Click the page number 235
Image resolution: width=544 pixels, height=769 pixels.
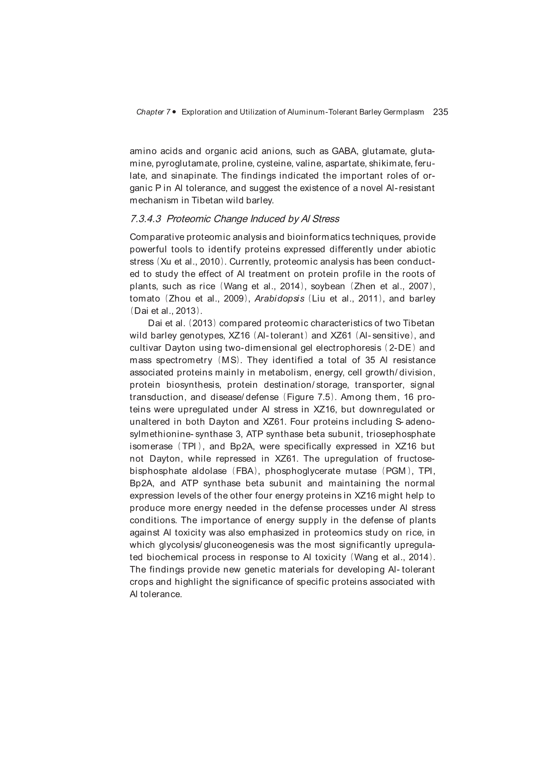click(440, 112)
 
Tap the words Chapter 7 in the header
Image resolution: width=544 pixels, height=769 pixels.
click(153, 112)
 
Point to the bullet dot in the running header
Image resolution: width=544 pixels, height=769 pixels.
click(174, 112)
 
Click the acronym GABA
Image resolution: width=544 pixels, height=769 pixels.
click(345, 151)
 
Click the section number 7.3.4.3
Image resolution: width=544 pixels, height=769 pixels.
click(145, 219)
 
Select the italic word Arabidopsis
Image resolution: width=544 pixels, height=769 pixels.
click(279, 298)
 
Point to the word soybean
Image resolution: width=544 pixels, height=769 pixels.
click(328, 286)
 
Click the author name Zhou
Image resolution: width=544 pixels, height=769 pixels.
click(179, 298)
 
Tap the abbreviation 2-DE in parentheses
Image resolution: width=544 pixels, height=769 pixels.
click(400, 348)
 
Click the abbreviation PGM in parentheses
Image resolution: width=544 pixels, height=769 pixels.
click(396, 471)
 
